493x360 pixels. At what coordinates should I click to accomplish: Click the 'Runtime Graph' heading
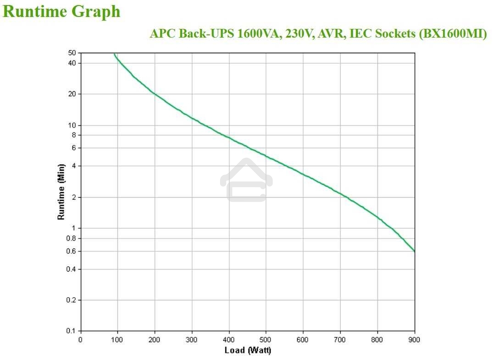click(61, 11)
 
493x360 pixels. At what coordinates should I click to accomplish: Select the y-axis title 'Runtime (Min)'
click(61, 192)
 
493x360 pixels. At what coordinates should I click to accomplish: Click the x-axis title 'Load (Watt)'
click(248, 350)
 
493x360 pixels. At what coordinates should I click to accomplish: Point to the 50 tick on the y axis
click(72, 53)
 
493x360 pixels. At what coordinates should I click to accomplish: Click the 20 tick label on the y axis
click(72, 94)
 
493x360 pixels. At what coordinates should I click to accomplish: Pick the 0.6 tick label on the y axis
click(71, 251)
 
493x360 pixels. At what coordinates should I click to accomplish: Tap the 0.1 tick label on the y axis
click(71, 331)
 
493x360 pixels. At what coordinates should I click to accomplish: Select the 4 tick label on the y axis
click(73, 166)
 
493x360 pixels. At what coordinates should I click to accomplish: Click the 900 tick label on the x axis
click(415, 340)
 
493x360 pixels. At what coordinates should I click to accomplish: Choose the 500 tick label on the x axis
click(266, 340)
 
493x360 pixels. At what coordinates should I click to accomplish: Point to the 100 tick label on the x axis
click(117, 340)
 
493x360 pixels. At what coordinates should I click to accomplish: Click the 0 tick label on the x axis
click(81, 340)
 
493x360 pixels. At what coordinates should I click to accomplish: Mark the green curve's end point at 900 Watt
click(415, 251)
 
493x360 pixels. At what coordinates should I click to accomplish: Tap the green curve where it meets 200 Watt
click(155, 94)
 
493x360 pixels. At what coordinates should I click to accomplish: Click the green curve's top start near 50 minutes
click(114, 54)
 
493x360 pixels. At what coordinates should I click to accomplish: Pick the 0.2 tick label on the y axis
click(71, 300)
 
